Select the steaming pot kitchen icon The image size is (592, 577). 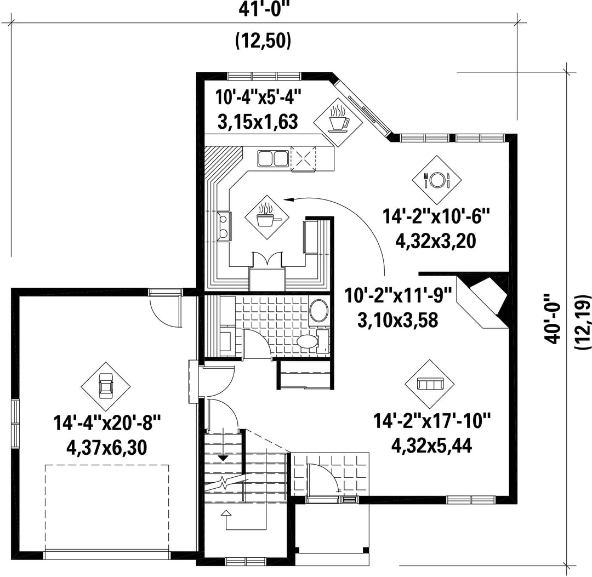(x=267, y=216)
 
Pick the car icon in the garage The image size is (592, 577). (x=105, y=386)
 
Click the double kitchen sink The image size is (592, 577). (x=272, y=158)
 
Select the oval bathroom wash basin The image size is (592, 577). (x=319, y=310)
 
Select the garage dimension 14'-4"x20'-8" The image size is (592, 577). (x=107, y=422)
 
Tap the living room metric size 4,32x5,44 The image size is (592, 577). (x=431, y=446)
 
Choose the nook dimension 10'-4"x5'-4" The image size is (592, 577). (x=259, y=97)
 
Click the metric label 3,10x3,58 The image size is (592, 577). (x=397, y=320)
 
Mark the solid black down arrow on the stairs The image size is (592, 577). (x=224, y=458)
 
